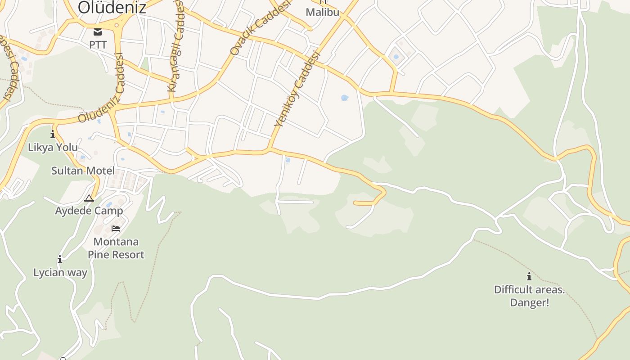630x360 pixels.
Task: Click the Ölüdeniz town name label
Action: point(112,8)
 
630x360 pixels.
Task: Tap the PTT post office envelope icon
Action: point(98,32)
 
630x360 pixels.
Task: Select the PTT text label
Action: point(98,45)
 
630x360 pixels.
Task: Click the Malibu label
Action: point(322,12)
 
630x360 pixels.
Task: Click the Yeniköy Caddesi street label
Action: point(297,89)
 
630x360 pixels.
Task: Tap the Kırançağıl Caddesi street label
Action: point(175,45)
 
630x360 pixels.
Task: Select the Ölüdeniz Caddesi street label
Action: point(101,88)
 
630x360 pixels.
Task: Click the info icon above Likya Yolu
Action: point(53,134)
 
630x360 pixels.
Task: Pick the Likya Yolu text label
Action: point(53,147)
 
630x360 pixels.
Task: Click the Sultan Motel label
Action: point(83,171)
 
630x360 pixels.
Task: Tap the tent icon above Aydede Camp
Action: point(89,198)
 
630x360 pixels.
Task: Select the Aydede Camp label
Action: point(89,211)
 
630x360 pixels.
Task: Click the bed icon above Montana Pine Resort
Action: point(116,228)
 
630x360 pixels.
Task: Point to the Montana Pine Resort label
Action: point(116,248)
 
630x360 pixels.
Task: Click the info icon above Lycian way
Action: point(60,259)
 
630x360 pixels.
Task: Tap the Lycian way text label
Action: point(60,272)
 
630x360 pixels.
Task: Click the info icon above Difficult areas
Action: point(529,276)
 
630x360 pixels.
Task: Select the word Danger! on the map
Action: point(529,302)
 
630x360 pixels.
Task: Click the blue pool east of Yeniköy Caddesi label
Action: point(345,98)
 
